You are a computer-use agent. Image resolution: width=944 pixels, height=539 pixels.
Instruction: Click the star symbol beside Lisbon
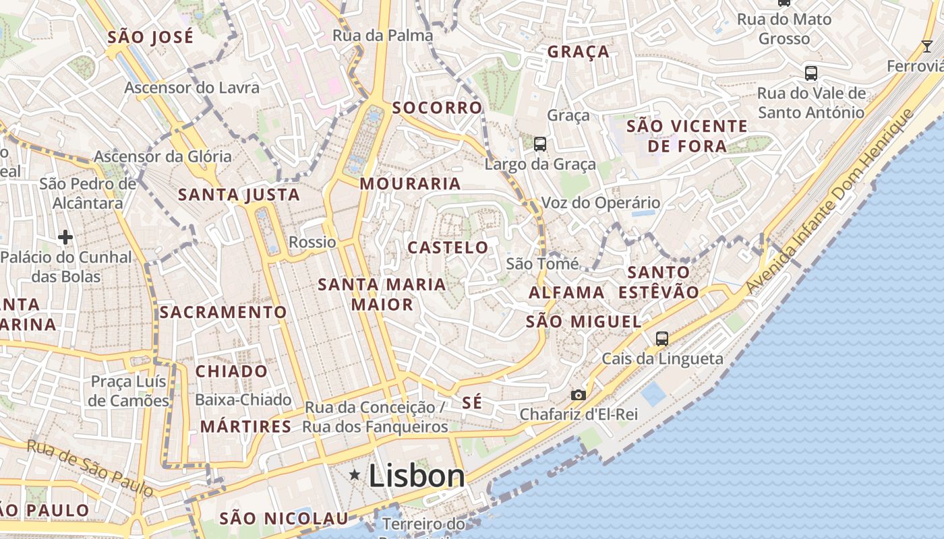click(x=355, y=475)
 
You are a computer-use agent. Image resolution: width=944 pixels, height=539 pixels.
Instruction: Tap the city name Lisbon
click(x=417, y=476)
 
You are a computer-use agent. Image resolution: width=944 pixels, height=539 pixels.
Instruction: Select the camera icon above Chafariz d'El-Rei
click(x=578, y=395)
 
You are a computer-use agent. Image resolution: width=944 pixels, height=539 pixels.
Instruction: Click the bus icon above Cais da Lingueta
click(x=662, y=338)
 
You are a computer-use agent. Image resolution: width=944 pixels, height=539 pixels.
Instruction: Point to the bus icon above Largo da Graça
click(x=540, y=144)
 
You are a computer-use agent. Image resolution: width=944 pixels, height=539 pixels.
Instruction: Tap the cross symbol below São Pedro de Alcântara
click(x=65, y=236)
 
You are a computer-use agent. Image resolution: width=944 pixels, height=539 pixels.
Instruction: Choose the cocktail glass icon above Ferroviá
click(x=928, y=46)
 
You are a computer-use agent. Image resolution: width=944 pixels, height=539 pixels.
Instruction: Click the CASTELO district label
click(x=448, y=247)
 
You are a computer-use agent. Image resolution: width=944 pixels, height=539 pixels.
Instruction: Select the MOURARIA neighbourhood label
click(x=410, y=183)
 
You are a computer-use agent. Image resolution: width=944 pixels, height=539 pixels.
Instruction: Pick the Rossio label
click(x=312, y=242)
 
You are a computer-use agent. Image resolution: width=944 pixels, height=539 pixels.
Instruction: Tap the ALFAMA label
click(x=566, y=292)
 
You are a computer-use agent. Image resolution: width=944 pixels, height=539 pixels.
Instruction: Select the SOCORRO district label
click(x=437, y=108)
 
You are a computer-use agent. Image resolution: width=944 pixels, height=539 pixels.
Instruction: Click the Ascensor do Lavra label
click(x=191, y=88)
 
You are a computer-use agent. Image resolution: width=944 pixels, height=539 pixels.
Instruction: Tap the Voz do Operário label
click(x=600, y=203)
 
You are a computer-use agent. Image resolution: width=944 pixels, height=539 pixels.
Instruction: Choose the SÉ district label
click(x=472, y=403)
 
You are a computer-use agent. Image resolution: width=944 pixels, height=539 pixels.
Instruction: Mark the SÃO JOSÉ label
click(x=150, y=36)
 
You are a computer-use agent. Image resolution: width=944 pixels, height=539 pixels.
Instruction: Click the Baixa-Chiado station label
click(x=243, y=400)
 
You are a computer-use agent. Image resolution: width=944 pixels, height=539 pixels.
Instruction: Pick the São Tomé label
click(x=542, y=263)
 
